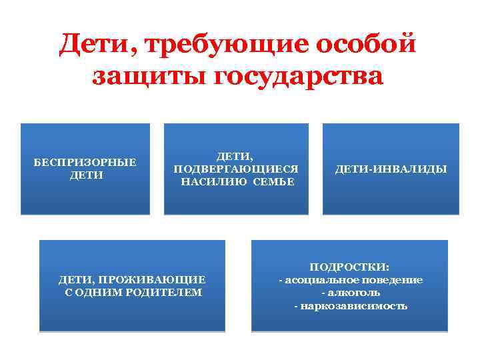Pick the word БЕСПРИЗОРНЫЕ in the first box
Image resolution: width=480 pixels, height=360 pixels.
tap(85, 162)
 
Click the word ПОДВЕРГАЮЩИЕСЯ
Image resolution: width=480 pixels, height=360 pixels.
tap(236, 169)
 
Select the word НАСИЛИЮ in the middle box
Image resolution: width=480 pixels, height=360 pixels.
tap(211, 181)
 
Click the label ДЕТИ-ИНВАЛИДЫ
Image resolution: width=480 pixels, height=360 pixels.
tap(391, 169)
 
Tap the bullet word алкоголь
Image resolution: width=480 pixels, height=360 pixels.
tap(351, 293)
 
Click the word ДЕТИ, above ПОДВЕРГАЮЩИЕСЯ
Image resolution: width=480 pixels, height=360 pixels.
tap(236, 156)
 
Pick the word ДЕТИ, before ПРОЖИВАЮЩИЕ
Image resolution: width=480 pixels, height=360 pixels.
tap(77, 279)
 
